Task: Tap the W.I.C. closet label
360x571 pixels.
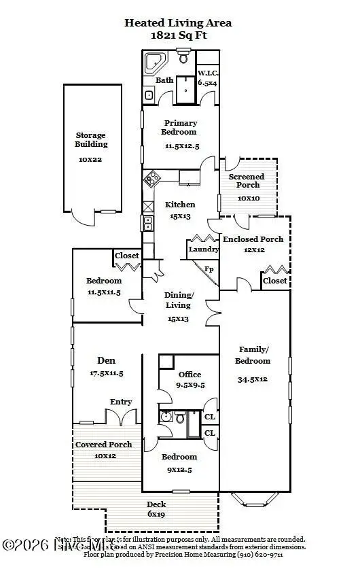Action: (x=207, y=73)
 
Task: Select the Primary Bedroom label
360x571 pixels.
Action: (x=180, y=128)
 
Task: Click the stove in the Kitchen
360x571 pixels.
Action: (x=150, y=179)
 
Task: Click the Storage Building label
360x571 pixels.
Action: (x=91, y=140)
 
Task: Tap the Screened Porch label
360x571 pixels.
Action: (x=247, y=181)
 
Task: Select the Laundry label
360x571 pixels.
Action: (x=204, y=249)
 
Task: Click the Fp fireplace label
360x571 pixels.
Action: (x=210, y=269)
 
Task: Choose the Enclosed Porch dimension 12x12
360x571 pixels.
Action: (x=252, y=249)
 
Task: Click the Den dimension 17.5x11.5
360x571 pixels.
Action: (x=106, y=373)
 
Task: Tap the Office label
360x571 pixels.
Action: (x=190, y=375)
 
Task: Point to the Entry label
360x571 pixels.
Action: (x=121, y=402)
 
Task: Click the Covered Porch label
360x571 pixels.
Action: (x=103, y=445)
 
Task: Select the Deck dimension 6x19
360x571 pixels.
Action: (x=156, y=514)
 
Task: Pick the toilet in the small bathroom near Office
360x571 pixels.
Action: (x=180, y=417)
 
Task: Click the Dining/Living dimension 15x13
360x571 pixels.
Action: (x=179, y=319)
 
